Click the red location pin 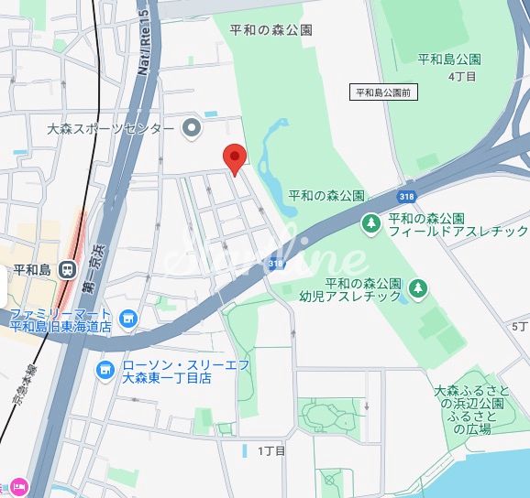(235, 157)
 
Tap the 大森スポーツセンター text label (110, 129)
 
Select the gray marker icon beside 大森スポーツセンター (192, 128)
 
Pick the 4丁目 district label (462, 77)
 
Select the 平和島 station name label (31, 270)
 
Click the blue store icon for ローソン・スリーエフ (105, 370)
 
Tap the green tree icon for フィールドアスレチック (370, 223)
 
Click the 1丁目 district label (272, 450)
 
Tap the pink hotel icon (19, 486)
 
